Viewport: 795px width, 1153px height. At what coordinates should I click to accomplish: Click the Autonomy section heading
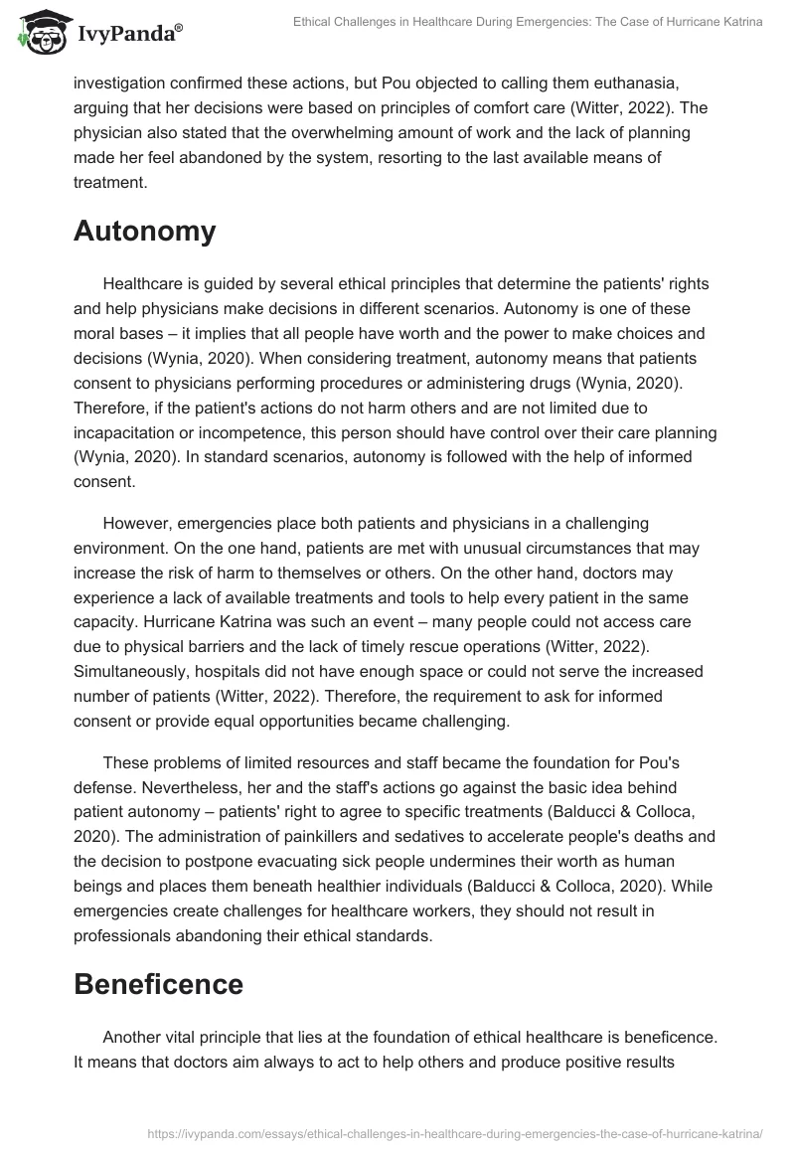(144, 231)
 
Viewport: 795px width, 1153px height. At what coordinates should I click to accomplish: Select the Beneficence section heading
(158, 983)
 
